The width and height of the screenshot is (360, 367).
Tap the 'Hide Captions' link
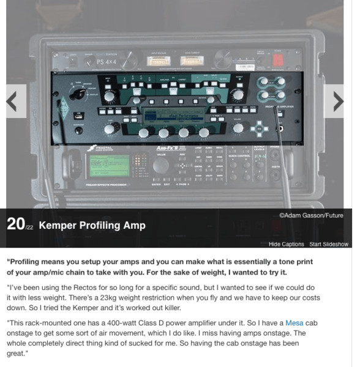click(286, 244)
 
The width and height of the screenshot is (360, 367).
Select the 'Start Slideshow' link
click(328, 244)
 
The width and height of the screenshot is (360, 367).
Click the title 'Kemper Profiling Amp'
click(92, 225)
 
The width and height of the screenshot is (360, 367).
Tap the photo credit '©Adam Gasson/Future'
click(310, 215)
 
